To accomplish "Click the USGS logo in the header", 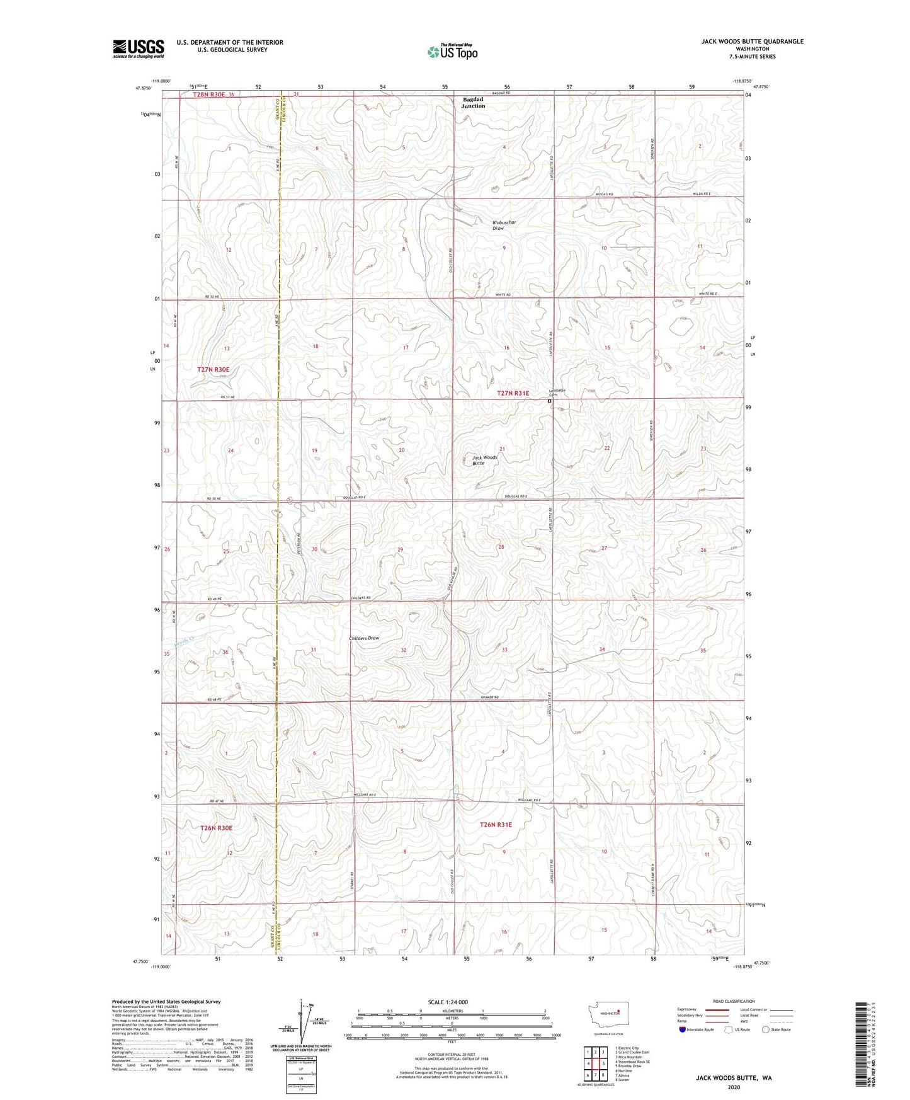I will pyautogui.click(x=139, y=49).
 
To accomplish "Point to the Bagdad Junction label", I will pyautogui.click(x=474, y=103).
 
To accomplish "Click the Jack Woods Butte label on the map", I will pyautogui.click(x=484, y=460).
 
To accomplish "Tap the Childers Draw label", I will pyautogui.click(x=364, y=638).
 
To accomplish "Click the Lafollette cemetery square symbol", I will pyautogui.click(x=549, y=401).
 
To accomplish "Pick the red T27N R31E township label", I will pyautogui.click(x=513, y=393).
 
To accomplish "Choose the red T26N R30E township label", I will pyautogui.click(x=216, y=828).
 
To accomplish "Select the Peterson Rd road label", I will pyautogui.click(x=299, y=543).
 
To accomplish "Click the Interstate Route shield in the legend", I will pyautogui.click(x=682, y=1029).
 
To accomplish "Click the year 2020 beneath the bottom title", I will pyautogui.click(x=734, y=1087).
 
